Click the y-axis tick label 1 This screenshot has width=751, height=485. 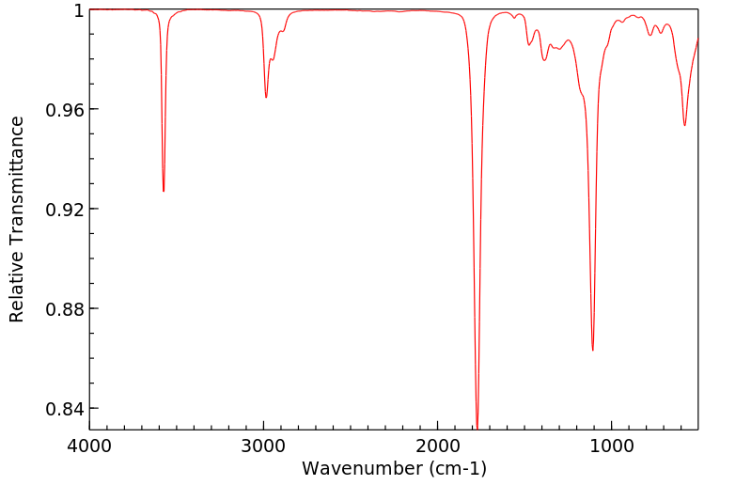(x=78, y=10)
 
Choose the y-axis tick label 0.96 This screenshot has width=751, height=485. (x=65, y=110)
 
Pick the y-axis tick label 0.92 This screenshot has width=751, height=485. (x=65, y=210)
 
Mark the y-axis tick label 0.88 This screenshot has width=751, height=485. (x=65, y=309)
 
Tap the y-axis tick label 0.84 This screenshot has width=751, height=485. (x=65, y=409)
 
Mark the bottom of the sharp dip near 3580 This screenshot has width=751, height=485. (x=164, y=192)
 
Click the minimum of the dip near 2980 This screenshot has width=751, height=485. (x=266, y=98)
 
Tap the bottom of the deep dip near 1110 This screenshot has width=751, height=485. (x=593, y=351)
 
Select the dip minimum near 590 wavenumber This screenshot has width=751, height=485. (x=684, y=126)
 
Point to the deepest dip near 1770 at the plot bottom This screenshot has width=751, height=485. (x=477, y=427)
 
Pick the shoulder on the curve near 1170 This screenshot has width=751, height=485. (x=583, y=94)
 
